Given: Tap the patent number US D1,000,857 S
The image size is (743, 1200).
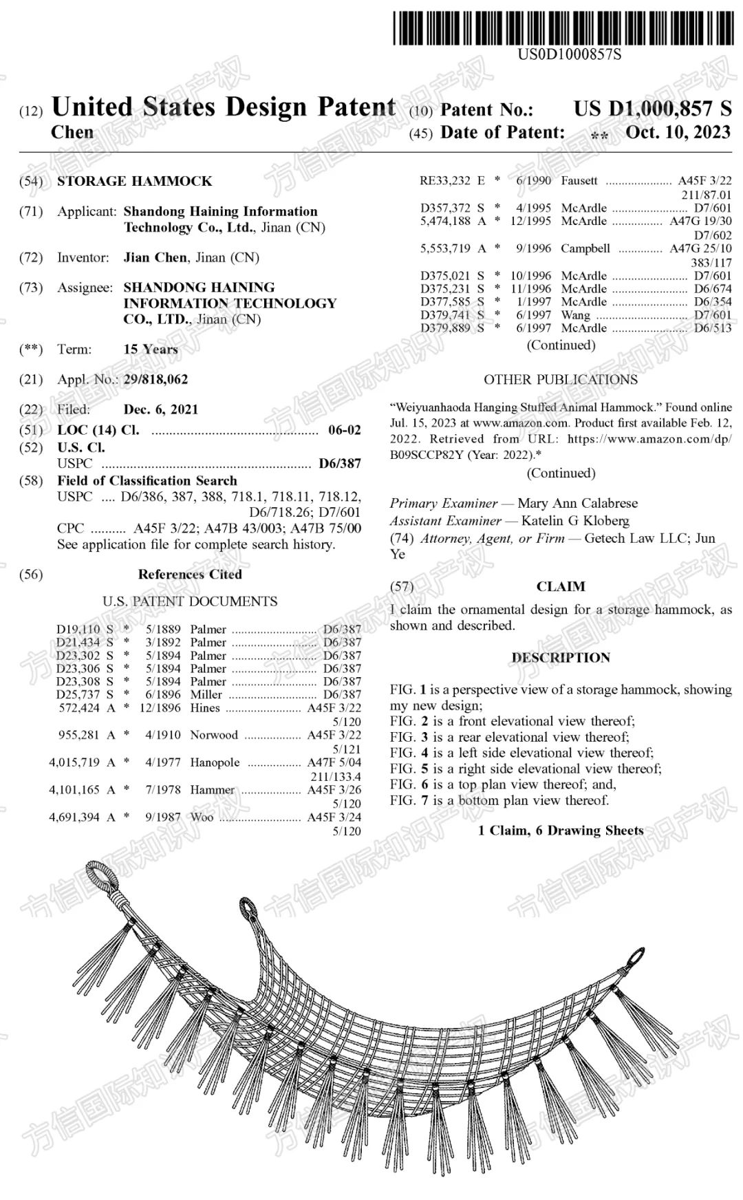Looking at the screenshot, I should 652,109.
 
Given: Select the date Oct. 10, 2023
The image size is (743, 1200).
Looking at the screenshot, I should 678,132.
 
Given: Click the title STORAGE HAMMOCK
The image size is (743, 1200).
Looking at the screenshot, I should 134,181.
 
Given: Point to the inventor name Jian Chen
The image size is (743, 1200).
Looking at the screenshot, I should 155,257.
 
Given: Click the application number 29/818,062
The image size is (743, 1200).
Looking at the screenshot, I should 155,379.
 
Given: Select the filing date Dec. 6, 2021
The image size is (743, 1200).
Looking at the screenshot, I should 160,409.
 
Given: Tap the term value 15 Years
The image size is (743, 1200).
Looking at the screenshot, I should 151,349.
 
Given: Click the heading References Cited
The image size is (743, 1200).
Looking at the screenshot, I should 190,574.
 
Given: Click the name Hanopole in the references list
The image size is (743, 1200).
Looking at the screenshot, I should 215,762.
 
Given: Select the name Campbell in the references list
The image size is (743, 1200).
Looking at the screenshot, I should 585,248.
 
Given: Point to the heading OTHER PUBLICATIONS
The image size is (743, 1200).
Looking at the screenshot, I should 560,380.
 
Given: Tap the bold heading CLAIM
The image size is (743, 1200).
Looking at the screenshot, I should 561,586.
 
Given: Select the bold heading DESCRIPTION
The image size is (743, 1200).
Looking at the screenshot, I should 560,657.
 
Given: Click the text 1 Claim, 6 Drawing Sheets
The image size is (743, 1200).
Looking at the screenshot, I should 561,831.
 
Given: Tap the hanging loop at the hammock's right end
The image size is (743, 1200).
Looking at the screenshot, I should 636,958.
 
